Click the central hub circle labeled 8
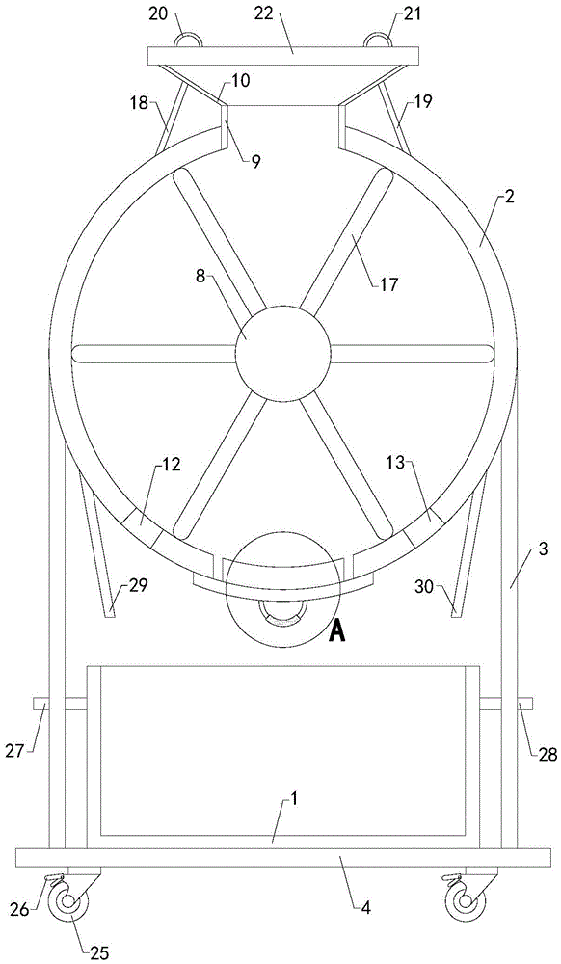click(283, 353)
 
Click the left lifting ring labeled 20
click(187, 40)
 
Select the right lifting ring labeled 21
click(379, 40)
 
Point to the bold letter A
click(336, 630)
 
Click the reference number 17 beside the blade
click(388, 284)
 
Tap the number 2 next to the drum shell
click(509, 198)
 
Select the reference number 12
click(172, 465)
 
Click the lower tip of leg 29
click(110, 616)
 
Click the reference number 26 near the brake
click(20, 909)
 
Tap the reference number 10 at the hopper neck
click(241, 81)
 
